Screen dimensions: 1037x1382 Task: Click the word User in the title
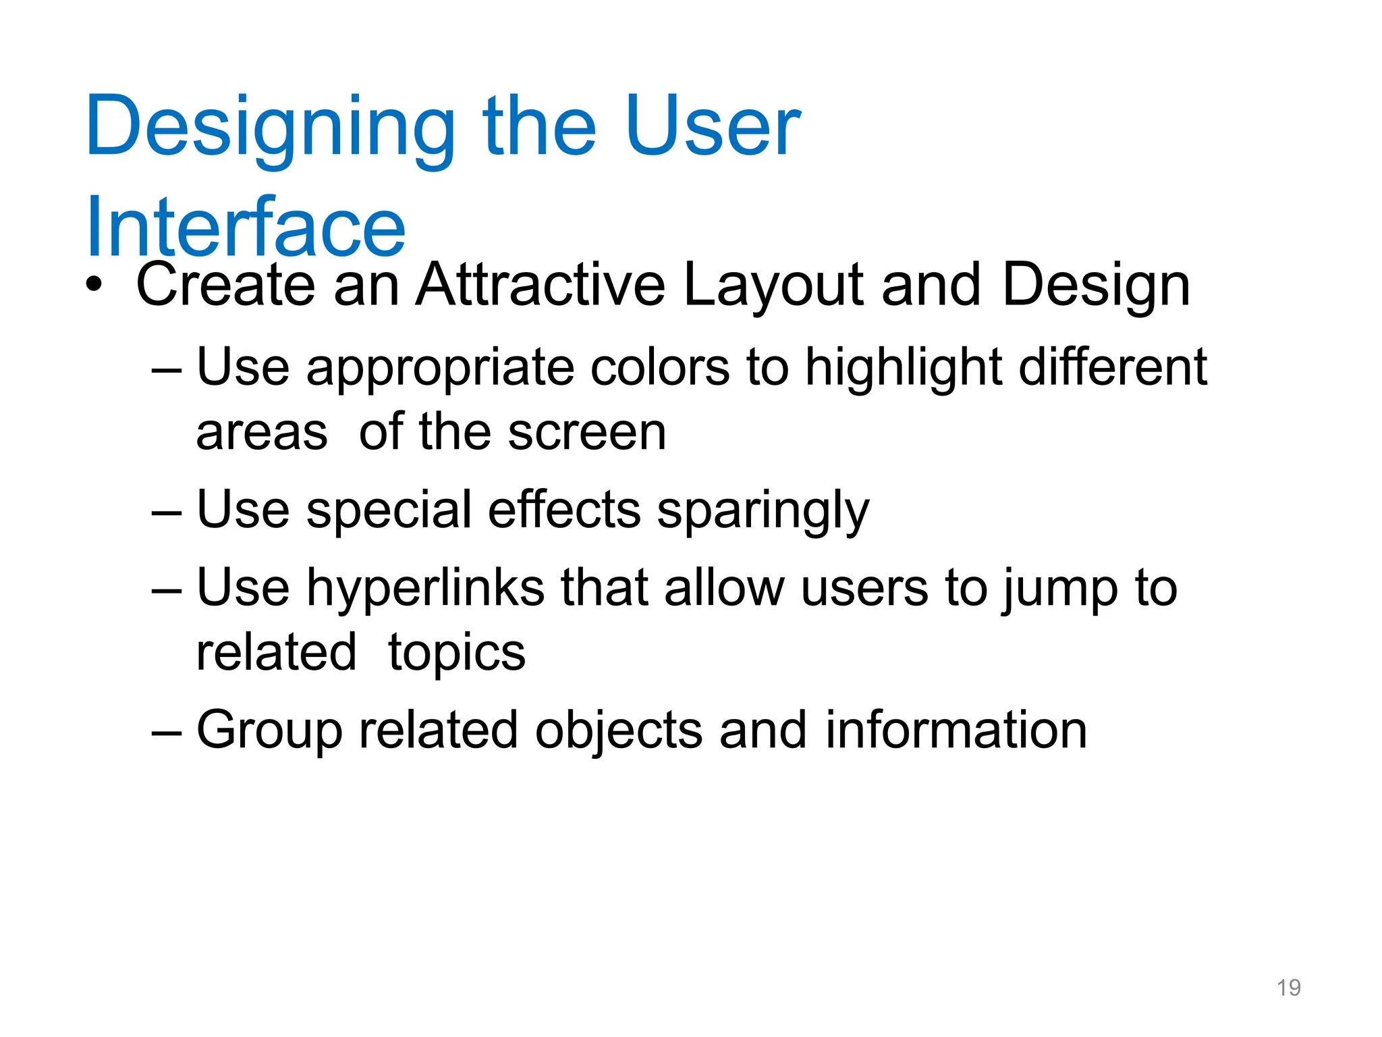pos(712,127)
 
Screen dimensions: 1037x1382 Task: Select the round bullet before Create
pos(94,286)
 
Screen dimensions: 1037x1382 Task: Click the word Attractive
pos(540,285)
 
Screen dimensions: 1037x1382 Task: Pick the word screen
pos(586,433)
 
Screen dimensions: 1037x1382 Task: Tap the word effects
pos(563,510)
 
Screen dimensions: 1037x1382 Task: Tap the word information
pos(956,730)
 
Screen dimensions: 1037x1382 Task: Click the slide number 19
pos(1288,988)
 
